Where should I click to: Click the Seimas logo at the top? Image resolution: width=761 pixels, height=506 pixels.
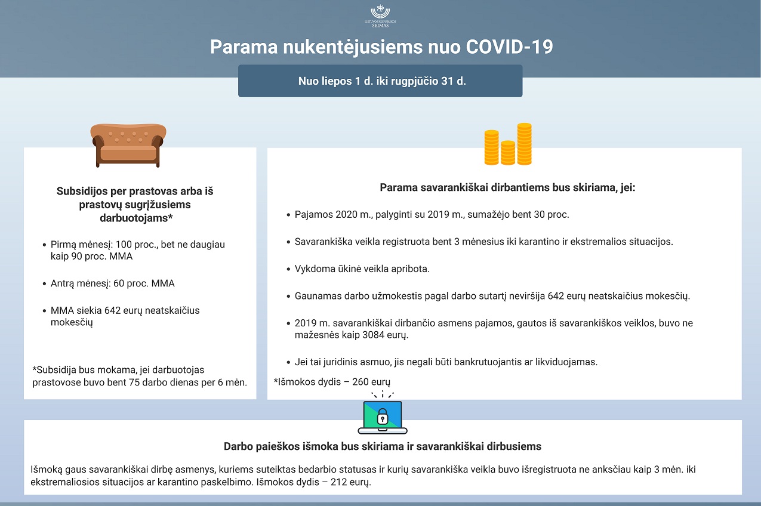click(380, 16)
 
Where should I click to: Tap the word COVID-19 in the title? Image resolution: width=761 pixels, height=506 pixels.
click(509, 47)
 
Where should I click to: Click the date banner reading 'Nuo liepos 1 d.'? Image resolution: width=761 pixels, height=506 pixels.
click(380, 81)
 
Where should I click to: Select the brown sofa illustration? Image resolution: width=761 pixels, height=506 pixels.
click(128, 146)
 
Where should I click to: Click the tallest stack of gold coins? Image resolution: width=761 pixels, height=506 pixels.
click(524, 144)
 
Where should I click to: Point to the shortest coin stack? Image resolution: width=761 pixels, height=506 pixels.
click(508, 153)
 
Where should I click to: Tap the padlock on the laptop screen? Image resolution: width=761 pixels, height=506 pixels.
click(383, 416)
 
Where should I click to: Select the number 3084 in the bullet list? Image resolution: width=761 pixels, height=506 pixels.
click(373, 335)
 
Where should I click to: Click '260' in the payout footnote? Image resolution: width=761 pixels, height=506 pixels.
click(360, 382)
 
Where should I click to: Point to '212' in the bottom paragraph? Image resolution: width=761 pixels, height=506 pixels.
click(338, 482)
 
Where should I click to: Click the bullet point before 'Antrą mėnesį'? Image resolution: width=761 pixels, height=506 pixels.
click(44, 284)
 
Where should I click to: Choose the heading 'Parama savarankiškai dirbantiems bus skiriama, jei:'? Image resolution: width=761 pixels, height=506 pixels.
click(507, 187)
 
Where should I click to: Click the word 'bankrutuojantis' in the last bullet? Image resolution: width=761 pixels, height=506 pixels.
click(488, 362)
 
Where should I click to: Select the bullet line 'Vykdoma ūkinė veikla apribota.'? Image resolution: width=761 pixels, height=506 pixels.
click(362, 269)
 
